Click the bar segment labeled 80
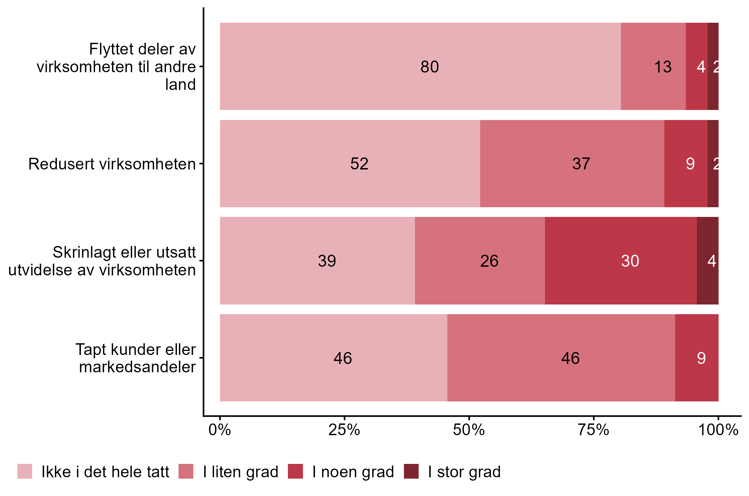[x=420, y=66]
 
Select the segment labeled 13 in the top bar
[x=653, y=66]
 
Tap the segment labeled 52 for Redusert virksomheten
[x=350, y=163]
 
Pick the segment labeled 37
[x=572, y=163]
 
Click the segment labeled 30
[x=621, y=261]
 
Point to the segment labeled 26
[x=480, y=261]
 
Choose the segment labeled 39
[x=317, y=261]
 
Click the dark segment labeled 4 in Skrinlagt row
[x=708, y=261]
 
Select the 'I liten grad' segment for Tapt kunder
[x=561, y=358]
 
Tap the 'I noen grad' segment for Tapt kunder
[x=697, y=358]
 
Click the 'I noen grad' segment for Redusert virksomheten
[x=686, y=163]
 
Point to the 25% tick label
[x=344, y=430]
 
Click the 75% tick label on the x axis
[x=594, y=430]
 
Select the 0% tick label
[x=220, y=430]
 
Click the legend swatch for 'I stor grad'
[x=411, y=471]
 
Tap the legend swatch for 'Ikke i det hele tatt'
[x=25, y=471]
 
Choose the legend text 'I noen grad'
[x=353, y=472]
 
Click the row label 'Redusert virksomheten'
[x=112, y=164]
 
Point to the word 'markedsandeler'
[x=137, y=367]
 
